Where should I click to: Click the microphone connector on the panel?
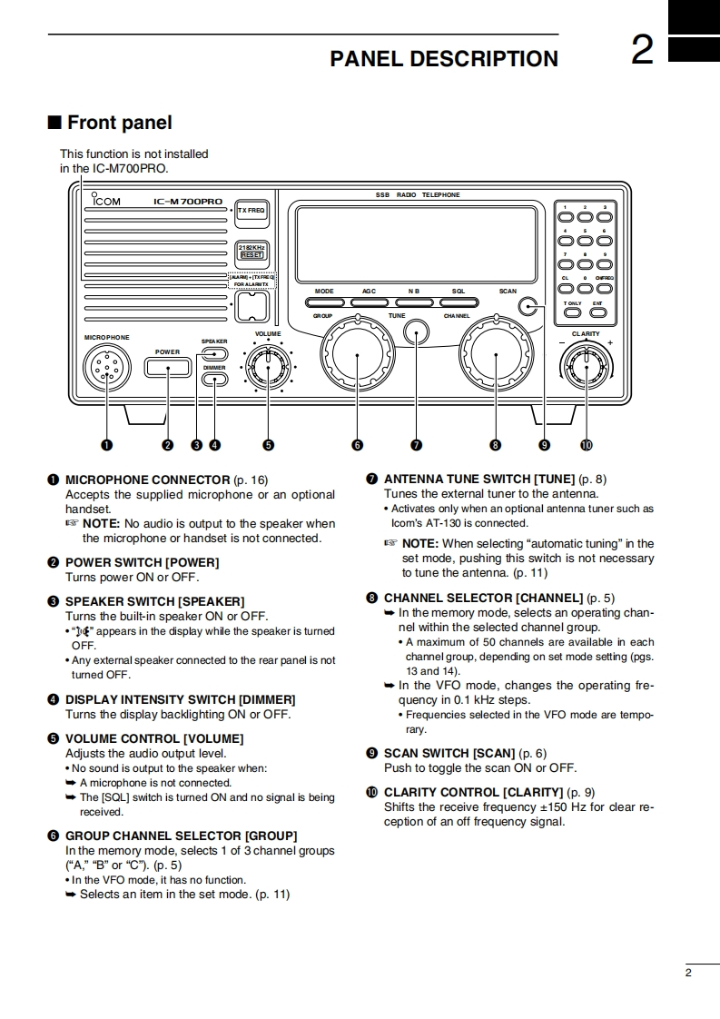pyautogui.click(x=107, y=368)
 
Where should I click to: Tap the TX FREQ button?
pyautogui.click(x=252, y=211)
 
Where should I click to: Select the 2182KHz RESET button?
pyautogui.click(x=252, y=251)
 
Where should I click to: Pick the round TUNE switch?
pyautogui.click(x=416, y=332)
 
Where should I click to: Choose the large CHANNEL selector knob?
pyautogui.click(x=496, y=355)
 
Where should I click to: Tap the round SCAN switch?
pyautogui.click(x=530, y=306)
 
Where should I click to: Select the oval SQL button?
pyautogui.click(x=459, y=302)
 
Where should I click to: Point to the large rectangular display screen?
pyautogui.click(x=415, y=245)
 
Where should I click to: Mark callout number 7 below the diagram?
pyautogui.click(x=416, y=445)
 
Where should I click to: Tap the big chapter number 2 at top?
pyautogui.click(x=642, y=51)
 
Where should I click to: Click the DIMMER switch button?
pyautogui.click(x=215, y=380)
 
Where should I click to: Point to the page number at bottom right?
pyautogui.click(x=688, y=974)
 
